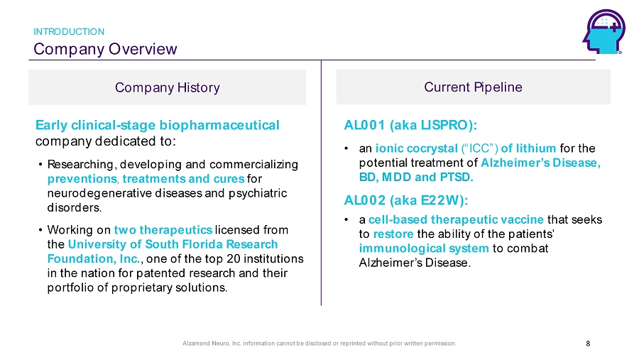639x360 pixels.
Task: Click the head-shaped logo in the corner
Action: (603, 32)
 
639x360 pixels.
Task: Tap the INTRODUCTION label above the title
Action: (69, 32)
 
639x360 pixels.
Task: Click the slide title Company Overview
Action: (105, 49)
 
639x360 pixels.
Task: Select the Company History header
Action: (167, 87)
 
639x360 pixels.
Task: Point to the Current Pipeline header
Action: (473, 87)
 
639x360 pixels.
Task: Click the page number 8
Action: (588, 344)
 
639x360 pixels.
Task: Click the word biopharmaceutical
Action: (219, 125)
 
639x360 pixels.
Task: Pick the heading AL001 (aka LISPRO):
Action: (410, 125)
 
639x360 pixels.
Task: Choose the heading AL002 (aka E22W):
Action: (406, 200)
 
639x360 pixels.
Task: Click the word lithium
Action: (536, 148)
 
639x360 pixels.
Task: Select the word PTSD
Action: (457, 177)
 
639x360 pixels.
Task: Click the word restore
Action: (393, 234)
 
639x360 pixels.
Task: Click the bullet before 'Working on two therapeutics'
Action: (40, 230)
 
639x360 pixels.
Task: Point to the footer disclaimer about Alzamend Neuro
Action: (319, 343)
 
